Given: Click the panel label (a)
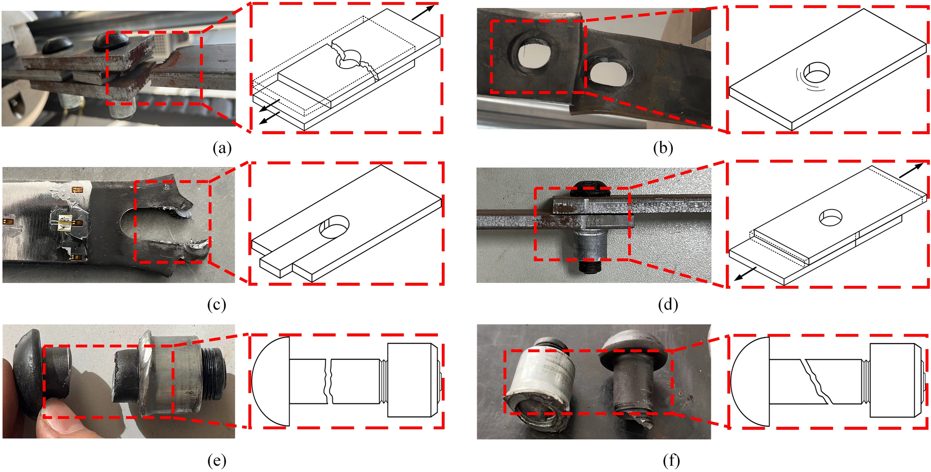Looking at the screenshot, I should pyautogui.click(x=221, y=148).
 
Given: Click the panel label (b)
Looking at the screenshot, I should pyautogui.click(x=662, y=148).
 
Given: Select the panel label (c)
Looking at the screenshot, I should pyautogui.click(x=217, y=305).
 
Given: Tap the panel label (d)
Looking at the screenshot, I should pyautogui.click(x=668, y=305).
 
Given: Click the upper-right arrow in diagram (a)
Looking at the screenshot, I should pyautogui.click(x=423, y=12).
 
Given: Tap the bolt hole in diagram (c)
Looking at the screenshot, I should pyautogui.click(x=334, y=226).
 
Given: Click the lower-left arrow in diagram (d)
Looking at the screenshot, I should pyautogui.click(x=745, y=274).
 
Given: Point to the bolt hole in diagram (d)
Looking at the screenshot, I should pyautogui.click(x=831, y=217).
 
